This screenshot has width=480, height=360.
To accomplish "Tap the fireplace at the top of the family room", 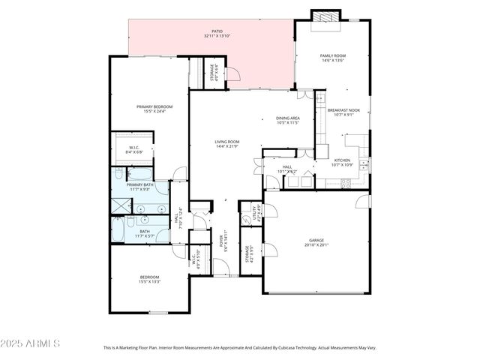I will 325,16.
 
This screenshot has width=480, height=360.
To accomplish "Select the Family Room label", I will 333,55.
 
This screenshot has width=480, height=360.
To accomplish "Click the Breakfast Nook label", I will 343,110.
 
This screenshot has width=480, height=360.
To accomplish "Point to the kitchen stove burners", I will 347,181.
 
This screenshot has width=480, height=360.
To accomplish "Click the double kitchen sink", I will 363,165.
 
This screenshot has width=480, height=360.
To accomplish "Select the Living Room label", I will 226,141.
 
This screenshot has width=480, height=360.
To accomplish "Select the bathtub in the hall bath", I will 119,230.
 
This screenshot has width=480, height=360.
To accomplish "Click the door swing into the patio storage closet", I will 233,73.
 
